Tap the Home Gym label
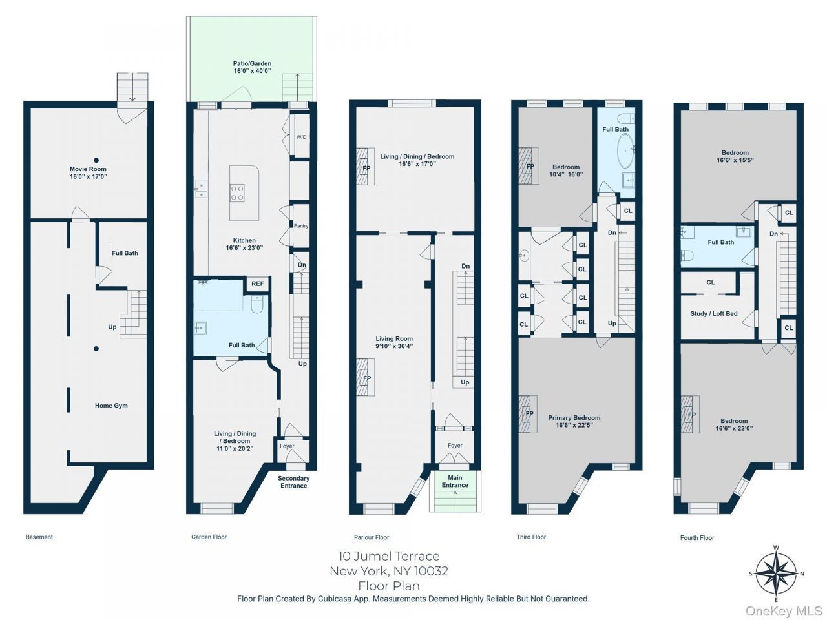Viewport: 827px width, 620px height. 111,406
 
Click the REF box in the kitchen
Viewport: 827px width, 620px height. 258,284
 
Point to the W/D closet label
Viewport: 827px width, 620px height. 301,137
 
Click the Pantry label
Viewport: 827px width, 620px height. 301,226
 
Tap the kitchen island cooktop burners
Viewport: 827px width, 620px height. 237,192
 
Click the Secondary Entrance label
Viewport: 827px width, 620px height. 293,482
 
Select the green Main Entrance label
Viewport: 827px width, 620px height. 455,481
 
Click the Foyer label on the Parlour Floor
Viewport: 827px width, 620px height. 455,446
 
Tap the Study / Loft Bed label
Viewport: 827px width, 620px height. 714,313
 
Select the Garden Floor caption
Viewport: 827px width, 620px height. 209,537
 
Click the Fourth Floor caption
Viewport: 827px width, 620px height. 697,537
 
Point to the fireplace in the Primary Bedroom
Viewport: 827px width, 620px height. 528,414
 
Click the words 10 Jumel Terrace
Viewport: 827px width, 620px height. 388,555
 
